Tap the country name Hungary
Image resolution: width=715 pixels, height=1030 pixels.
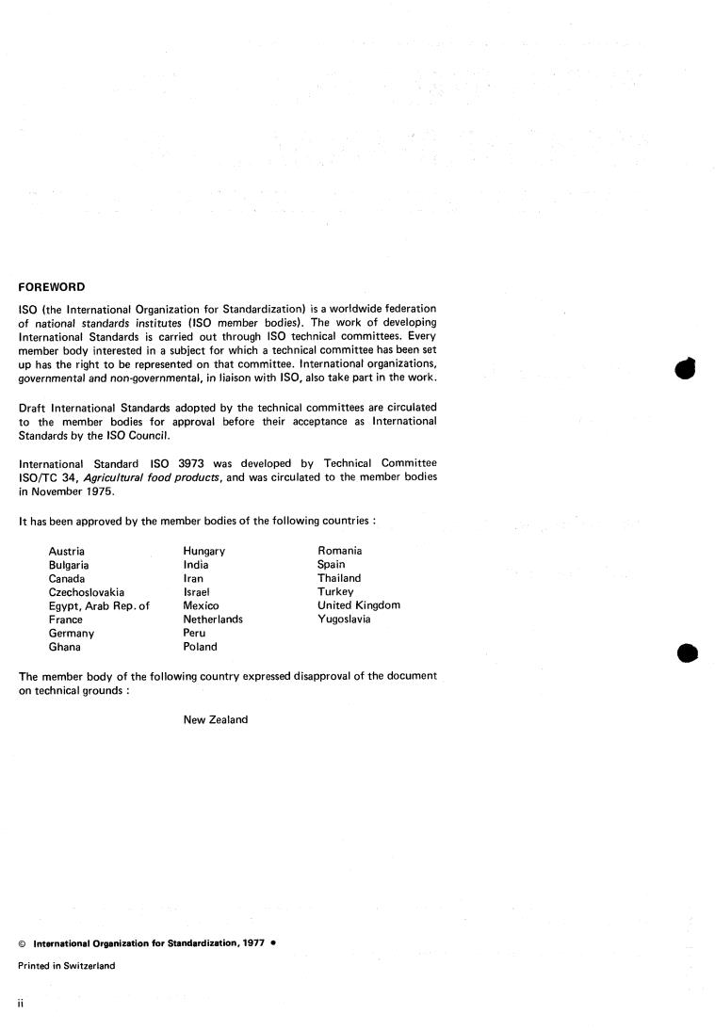click(204, 551)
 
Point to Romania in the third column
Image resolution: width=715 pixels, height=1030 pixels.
click(340, 551)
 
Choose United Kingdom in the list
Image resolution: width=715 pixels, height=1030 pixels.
click(359, 605)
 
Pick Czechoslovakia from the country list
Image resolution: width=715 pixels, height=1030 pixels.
click(87, 592)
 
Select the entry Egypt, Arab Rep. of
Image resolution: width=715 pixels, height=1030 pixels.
click(99, 605)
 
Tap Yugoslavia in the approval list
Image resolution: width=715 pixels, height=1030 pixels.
click(344, 620)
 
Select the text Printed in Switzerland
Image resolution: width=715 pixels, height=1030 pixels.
click(67, 966)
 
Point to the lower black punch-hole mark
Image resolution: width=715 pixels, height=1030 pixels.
click(688, 653)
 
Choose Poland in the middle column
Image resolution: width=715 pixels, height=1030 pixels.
click(200, 647)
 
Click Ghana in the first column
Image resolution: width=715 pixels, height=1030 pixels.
click(64, 647)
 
